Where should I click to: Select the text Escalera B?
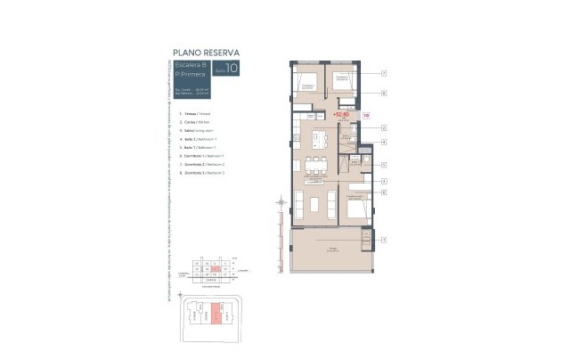point(192,65)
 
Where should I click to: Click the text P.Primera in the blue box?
point(191,74)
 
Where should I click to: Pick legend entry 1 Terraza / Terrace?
point(195,114)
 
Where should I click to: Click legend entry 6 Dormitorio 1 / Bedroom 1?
point(201,156)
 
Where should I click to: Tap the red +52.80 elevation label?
point(340,114)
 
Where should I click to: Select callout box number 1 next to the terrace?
point(383,240)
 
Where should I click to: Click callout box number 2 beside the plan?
point(383,127)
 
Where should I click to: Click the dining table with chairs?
point(314,164)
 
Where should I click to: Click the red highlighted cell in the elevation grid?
point(215,266)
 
